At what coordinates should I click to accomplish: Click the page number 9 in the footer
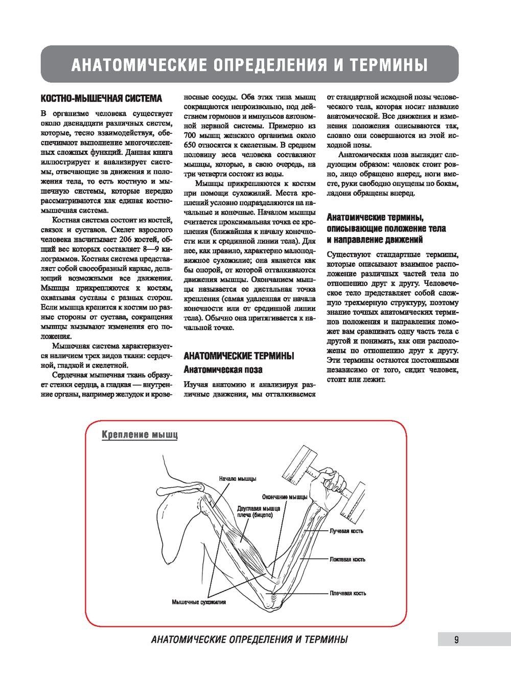[456, 639]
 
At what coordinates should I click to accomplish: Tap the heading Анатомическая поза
[223, 369]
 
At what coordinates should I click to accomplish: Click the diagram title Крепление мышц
[140, 435]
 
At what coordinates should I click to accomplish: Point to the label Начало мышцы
[238, 479]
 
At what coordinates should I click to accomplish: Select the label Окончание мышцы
[285, 497]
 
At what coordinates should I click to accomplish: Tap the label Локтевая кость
[347, 559]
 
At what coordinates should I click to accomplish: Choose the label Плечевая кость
[347, 593]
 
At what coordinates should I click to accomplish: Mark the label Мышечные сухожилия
[199, 602]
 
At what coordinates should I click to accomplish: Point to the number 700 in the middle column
[190, 136]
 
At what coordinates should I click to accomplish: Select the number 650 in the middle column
[190, 146]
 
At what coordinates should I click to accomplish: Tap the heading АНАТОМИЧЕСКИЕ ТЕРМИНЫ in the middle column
[239, 356]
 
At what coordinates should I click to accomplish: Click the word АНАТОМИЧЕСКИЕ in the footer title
[187, 640]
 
